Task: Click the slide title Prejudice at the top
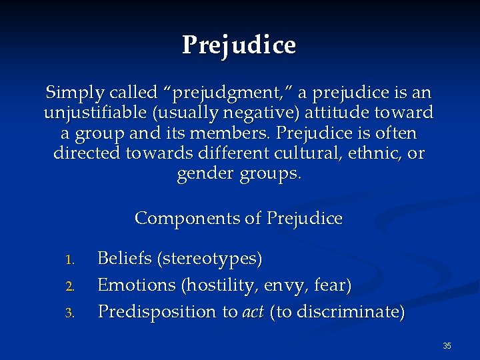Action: (239, 45)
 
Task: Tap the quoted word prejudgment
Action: (215, 91)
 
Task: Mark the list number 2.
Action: (75, 286)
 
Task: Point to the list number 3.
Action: (75, 313)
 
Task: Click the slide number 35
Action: (447, 345)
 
